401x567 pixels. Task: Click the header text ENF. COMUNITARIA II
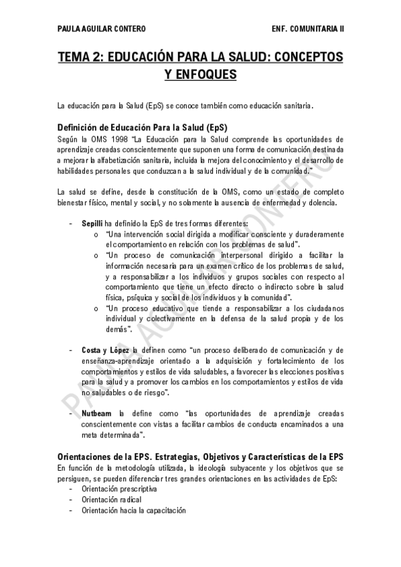pyautogui.click(x=309, y=29)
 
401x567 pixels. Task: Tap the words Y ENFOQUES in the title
pyautogui.click(x=200, y=75)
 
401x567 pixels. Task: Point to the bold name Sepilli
pyautogui.click(x=92, y=223)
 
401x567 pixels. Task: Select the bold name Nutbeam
pyautogui.click(x=96, y=413)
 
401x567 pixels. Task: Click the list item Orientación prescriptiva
pyautogui.click(x=119, y=488)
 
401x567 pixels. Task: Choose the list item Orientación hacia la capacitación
pyautogui.click(x=133, y=509)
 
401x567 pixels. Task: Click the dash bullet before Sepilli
pyautogui.click(x=72, y=223)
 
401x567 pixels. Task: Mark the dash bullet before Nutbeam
pyautogui.click(x=72, y=413)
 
